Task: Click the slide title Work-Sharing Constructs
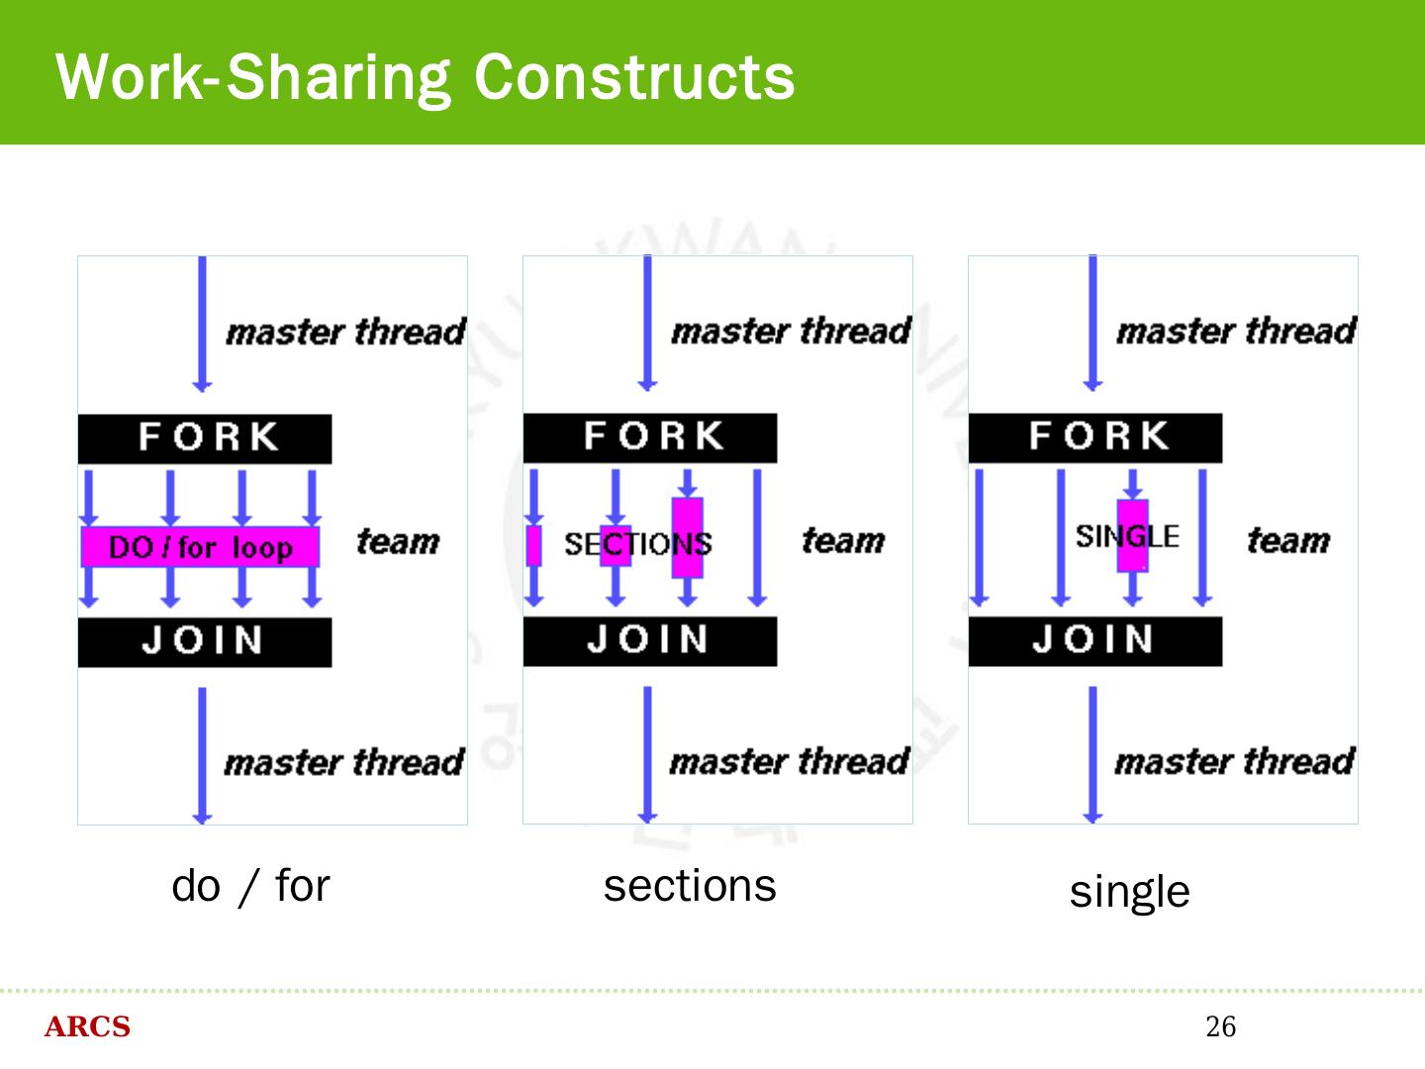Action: (x=426, y=76)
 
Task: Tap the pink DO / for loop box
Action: (x=200, y=546)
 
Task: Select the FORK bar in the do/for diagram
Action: (x=205, y=438)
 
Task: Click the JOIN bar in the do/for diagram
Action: (x=205, y=641)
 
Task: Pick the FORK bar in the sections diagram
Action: (x=650, y=437)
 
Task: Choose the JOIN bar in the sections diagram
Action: (x=650, y=640)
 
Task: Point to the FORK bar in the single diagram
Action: (x=1095, y=437)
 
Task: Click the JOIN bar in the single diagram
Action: (x=1095, y=640)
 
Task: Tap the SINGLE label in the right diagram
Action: (x=1127, y=536)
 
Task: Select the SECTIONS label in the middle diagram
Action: (x=637, y=543)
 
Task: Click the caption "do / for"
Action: (x=250, y=886)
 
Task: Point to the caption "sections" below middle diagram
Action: (x=690, y=886)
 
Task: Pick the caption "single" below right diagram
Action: (x=1129, y=892)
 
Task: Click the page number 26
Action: (x=1220, y=1026)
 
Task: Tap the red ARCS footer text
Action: (x=87, y=1027)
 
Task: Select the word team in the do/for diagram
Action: (x=398, y=541)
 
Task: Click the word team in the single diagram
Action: (x=1288, y=540)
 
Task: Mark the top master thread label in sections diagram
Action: (x=791, y=331)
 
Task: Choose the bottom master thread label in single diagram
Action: (x=1234, y=761)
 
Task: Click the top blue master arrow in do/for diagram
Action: (x=202, y=322)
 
